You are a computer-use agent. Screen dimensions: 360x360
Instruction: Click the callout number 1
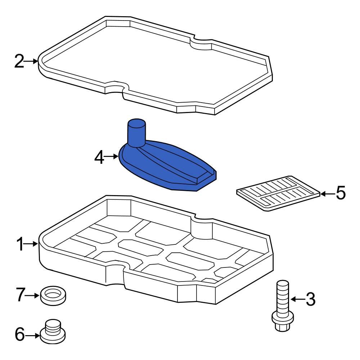20,244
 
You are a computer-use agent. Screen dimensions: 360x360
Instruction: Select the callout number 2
19,62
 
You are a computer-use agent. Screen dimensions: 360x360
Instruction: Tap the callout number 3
310,299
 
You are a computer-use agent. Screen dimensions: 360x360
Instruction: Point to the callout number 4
100,157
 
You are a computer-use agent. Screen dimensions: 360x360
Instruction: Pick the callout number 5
340,194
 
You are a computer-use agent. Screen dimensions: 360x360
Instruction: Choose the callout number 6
19,335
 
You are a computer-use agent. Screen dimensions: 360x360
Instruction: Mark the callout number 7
20,296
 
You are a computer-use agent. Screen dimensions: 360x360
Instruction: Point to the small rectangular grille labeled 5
278,194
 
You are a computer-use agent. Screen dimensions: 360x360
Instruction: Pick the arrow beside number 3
297,299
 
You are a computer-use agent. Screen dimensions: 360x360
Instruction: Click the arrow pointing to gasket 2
32,62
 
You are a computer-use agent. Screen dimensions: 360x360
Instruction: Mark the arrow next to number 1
32,244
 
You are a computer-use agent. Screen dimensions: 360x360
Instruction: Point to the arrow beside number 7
32,296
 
